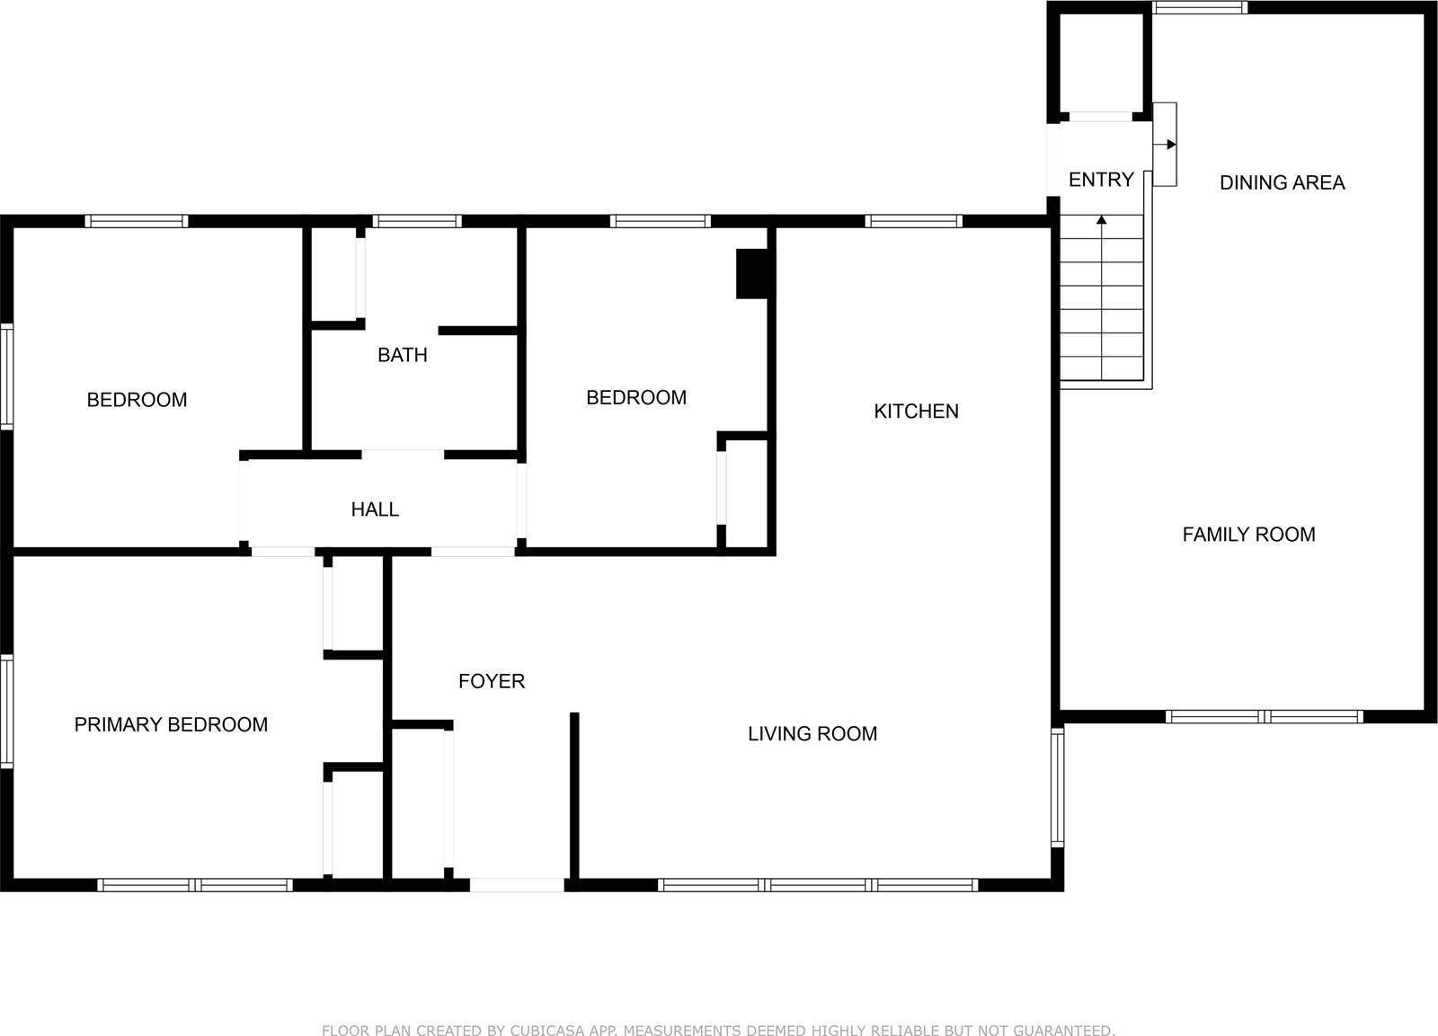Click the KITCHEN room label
coord(916,412)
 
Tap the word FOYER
coord(491,681)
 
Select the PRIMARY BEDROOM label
coord(171,724)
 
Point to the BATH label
coord(402,355)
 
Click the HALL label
coord(375,509)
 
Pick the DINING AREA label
coord(1282,182)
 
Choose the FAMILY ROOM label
coord(1248,535)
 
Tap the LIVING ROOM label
coord(812,733)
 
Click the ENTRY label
coord(1100,180)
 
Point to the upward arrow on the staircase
coord(1102,221)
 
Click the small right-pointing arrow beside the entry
coord(1170,145)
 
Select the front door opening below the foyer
coord(517,885)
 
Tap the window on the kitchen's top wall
coord(913,221)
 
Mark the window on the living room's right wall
coord(1058,787)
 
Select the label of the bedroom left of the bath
coord(137,400)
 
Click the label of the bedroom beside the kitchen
coord(635,397)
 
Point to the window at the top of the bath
coord(416,221)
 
